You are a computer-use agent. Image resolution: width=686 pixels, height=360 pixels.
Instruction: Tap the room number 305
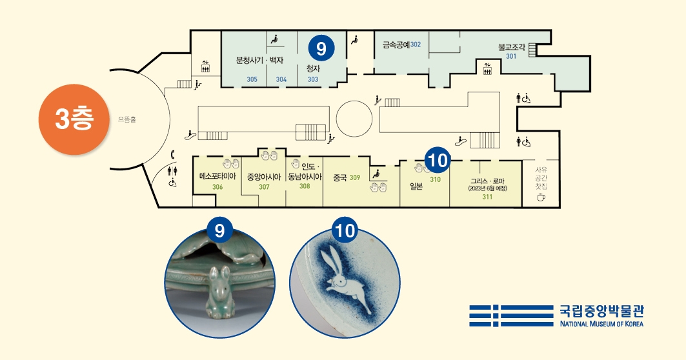pyautogui.click(x=252, y=79)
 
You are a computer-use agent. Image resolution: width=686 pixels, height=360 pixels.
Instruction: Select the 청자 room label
pyautogui.click(x=313, y=68)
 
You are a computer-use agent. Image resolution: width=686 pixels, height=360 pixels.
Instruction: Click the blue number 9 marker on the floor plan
pyautogui.click(x=321, y=47)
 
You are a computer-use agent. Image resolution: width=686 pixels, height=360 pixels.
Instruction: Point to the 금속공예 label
pyautogui.click(x=396, y=45)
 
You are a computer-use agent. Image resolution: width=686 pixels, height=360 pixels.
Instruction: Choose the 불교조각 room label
pyautogui.click(x=512, y=47)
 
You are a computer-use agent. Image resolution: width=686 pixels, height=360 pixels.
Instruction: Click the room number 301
pyautogui.click(x=511, y=56)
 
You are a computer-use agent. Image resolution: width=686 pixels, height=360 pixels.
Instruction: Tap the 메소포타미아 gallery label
pyautogui.click(x=217, y=176)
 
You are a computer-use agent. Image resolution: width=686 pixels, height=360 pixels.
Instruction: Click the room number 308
pyautogui.click(x=305, y=186)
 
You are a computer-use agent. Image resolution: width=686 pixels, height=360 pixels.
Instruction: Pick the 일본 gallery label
pyautogui.click(x=416, y=186)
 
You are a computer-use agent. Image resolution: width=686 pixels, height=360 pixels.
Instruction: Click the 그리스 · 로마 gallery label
pyautogui.click(x=487, y=181)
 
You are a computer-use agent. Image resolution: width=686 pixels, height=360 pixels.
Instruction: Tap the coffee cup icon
pyautogui.click(x=541, y=197)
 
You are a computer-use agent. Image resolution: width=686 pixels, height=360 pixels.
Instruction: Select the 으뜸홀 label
pyautogui.click(x=127, y=119)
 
